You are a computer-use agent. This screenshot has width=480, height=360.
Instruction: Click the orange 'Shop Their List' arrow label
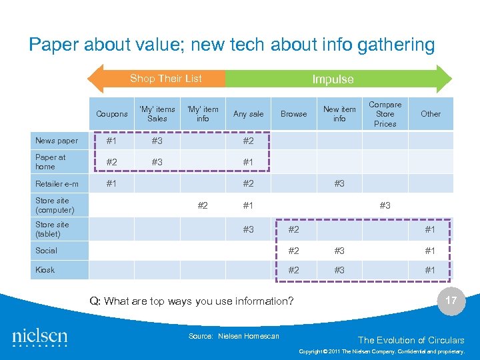(x=165, y=79)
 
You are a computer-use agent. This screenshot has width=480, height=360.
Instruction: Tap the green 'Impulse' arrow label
(x=333, y=79)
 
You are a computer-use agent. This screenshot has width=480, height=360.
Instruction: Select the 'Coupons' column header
(x=112, y=114)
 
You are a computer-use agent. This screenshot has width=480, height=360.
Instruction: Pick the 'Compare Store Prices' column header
(x=385, y=114)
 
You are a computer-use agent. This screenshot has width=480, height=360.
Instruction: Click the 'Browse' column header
(x=293, y=114)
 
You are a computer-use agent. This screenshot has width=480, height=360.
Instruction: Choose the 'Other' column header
(x=431, y=114)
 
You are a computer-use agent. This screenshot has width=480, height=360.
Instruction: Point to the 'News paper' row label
(x=57, y=141)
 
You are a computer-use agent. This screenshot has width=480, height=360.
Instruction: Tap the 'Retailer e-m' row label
(x=57, y=184)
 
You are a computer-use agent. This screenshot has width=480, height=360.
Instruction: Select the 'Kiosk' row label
(x=45, y=270)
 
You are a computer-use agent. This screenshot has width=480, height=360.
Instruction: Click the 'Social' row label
(x=47, y=251)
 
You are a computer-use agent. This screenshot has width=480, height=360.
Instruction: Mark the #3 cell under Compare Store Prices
(x=385, y=205)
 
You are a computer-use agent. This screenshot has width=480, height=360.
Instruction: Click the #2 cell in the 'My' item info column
(x=203, y=205)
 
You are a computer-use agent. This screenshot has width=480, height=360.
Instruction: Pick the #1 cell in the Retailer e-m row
(x=112, y=183)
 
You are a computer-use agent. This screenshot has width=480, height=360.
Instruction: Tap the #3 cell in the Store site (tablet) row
(x=248, y=229)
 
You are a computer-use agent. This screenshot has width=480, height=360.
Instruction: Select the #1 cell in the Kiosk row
(x=430, y=270)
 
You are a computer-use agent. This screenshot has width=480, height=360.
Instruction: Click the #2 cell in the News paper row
(x=248, y=141)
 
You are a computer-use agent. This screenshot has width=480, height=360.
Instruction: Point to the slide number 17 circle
(x=451, y=300)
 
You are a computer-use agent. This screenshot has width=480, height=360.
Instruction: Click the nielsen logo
(x=40, y=338)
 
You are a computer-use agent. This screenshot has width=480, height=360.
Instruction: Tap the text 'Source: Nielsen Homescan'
(x=233, y=336)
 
